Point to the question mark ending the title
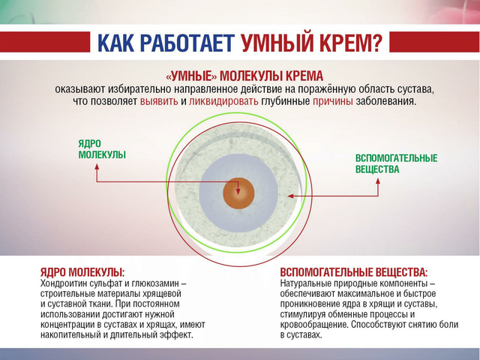pyautogui.click(x=377, y=42)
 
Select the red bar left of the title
pyautogui.click(x=45, y=42)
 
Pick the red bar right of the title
pyautogui.click(x=435, y=42)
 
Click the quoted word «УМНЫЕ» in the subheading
pyautogui.click(x=191, y=76)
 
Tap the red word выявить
pyautogui.click(x=159, y=101)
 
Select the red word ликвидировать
pyautogui.click(x=223, y=101)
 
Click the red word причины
pyautogui.click(x=333, y=102)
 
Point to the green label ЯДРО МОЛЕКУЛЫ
pyautogui.click(x=102, y=149)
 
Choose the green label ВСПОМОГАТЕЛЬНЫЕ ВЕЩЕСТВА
pyautogui.click(x=397, y=163)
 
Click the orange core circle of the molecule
pyautogui.click(x=238, y=193)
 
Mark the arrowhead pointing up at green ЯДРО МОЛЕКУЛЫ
pyautogui.click(x=97, y=166)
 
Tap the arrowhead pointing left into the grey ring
pyautogui.click(x=290, y=196)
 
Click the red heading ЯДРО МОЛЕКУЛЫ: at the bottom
pyautogui.click(x=82, y=272)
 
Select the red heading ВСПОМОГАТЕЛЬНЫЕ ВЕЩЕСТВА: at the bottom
pyautogui.click(x=353, y=272)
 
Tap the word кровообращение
pyautogui.click(x=314, y=325)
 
